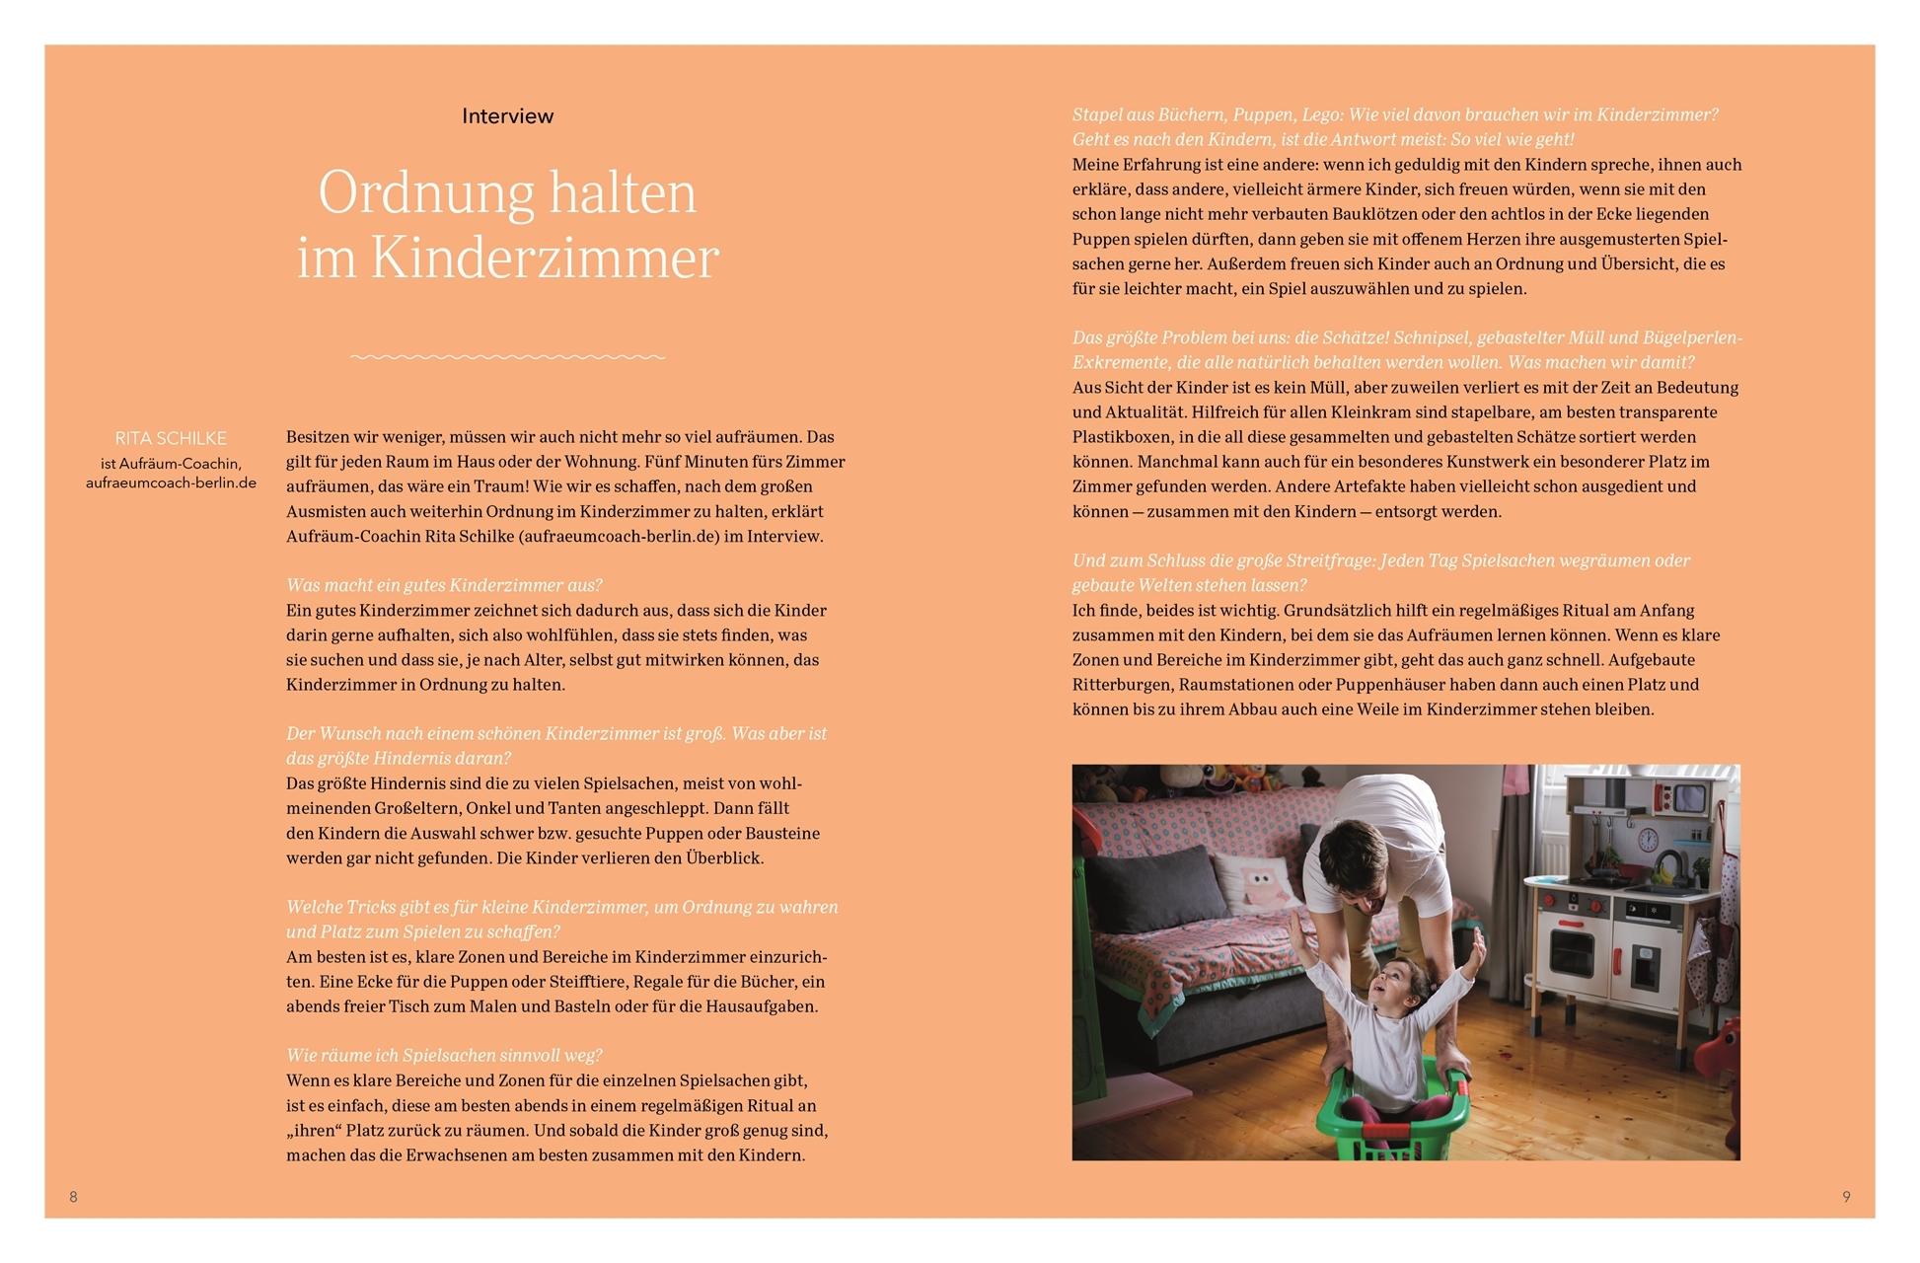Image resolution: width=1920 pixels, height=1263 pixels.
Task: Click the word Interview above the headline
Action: (x=507, y=116)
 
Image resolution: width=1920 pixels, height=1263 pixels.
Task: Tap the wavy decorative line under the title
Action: (x=507, y=356)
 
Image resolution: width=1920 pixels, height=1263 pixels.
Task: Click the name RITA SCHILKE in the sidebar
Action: (x=171, y=438)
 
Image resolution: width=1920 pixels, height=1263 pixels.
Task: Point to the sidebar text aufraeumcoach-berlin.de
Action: (x=171, y=483)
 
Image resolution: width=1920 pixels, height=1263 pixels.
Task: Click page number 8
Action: (x=73, y=1197)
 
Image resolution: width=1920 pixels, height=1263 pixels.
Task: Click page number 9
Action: (x=1846, y=1197)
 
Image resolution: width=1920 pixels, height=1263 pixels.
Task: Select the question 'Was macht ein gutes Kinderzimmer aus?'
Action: (x=444, y=585)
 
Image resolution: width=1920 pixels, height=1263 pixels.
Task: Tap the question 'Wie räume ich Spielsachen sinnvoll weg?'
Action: (x=444, y=1056)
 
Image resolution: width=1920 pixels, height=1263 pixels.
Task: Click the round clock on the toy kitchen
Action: (x=1648, y=840)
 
